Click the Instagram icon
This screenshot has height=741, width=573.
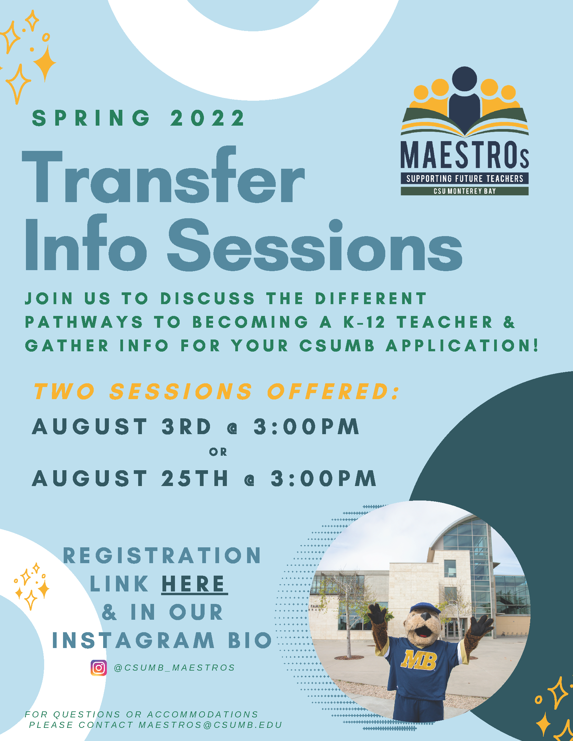tap(98, 668)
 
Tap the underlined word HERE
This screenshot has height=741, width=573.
tap(194, 584)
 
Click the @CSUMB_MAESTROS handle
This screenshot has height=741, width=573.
tap(175, 668)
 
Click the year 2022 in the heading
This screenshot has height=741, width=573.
tap(207, 118)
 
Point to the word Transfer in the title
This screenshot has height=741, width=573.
tap(163, 174)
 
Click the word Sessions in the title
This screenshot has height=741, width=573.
tap(314, 245)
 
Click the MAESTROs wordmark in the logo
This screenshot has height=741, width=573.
tap(464, 155)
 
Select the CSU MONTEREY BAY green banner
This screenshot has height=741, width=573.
tap(464, 191)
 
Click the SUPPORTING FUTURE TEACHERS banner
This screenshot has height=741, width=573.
tap(464, 179)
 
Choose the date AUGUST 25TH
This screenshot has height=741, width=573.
tap(130, 478)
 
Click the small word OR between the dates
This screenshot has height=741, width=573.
tap(218, 452)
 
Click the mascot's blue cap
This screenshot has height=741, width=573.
tap(425, 608)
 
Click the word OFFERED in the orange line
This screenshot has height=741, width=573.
tap(333, 391)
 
